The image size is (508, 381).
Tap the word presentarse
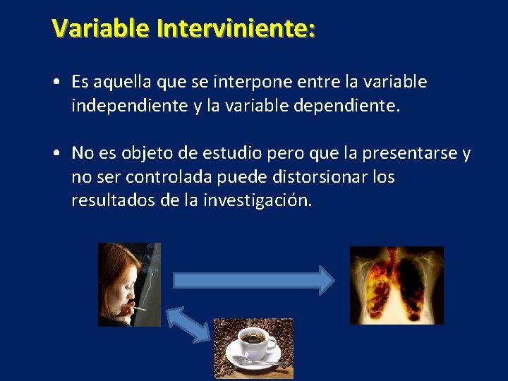click(401, 153)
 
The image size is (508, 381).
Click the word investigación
click(257, 200)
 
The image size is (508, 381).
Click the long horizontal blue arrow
click(254, 280)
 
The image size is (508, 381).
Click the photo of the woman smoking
click(129, 284)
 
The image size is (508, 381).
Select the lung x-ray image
click(397, 284)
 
